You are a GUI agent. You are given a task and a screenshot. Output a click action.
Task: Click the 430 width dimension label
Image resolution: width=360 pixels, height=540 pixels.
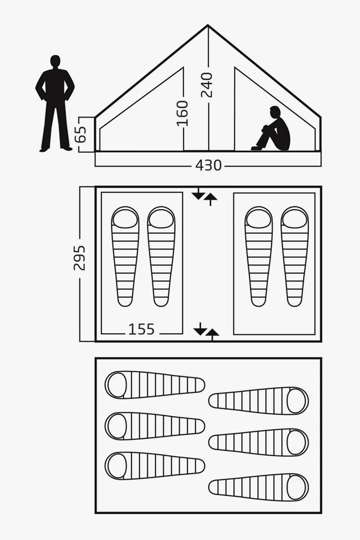[208, 166]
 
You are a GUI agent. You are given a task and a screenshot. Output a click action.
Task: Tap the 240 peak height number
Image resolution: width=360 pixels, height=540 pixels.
[207, 85]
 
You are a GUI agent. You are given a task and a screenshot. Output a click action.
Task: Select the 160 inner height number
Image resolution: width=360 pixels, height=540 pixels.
[182, 113]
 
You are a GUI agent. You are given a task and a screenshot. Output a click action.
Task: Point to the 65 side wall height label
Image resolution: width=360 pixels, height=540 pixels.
[80, 135]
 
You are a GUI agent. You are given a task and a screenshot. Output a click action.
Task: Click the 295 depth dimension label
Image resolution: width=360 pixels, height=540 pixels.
[80, 258]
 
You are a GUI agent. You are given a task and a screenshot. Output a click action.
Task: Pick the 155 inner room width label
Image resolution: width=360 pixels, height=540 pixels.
[141, 329]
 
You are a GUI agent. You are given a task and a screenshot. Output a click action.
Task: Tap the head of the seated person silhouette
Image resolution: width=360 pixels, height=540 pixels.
[275, 112]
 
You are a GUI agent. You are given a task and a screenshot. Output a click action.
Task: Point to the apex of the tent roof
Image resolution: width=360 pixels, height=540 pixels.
[208, 25]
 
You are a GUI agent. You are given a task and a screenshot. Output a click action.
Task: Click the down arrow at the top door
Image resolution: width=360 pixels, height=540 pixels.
[198, 193]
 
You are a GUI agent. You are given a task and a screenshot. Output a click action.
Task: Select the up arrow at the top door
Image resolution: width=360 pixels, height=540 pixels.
[211, 200]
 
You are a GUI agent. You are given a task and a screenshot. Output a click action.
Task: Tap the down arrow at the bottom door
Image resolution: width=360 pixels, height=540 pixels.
[200, 328]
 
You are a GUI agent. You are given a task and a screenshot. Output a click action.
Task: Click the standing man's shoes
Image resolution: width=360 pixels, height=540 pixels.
[56, 149]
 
